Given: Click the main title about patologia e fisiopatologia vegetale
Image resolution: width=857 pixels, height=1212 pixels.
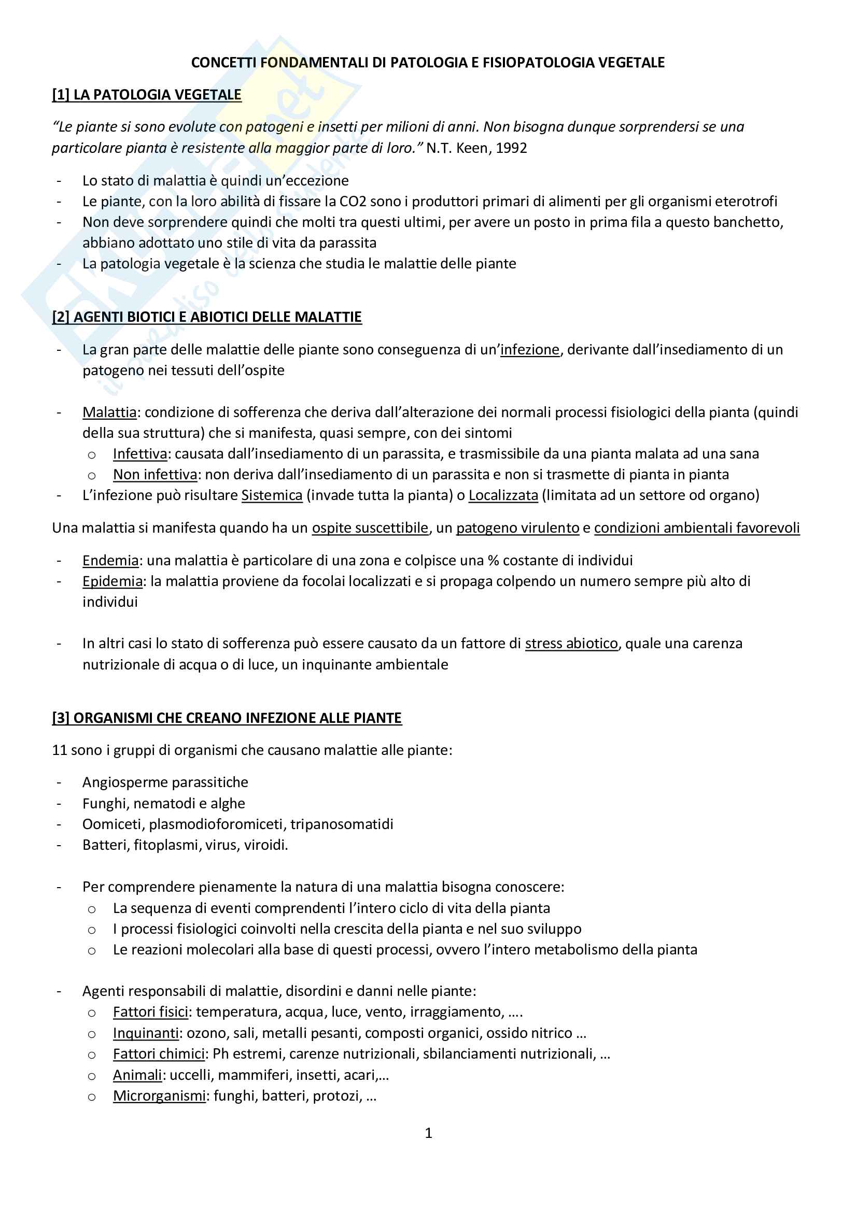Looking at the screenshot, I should click(x=428, y=63).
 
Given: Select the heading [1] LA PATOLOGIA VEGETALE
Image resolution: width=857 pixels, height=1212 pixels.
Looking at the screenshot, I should click(x=147, y=95).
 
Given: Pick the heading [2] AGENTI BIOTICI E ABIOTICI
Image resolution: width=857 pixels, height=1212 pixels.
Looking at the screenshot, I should click(x=207, y=317).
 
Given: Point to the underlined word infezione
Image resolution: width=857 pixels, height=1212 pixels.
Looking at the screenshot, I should click(x=530, y=350).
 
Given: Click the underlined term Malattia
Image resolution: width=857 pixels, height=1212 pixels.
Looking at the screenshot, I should click(x=109, y=412).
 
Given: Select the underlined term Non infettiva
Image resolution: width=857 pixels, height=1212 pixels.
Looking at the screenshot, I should click(x=154, y=475).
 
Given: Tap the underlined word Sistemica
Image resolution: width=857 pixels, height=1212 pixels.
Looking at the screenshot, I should click(x=272, y=496).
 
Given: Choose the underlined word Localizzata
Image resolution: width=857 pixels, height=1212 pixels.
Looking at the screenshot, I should click(x=503, y=496).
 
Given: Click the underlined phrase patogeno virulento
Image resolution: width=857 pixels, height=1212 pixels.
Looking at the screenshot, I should click(x=517, y=528).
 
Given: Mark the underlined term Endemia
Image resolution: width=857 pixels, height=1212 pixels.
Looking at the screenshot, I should click(x=110, y=561).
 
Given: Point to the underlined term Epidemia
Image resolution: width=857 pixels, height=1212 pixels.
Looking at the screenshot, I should click(x=113, y=581).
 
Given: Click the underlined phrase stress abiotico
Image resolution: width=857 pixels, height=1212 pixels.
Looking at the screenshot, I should click(x=571, y=644).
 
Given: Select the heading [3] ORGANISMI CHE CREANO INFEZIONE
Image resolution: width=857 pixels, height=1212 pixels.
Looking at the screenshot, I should click(x=227, y=718).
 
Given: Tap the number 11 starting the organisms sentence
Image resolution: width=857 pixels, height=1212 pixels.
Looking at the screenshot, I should click(x=59, y=750).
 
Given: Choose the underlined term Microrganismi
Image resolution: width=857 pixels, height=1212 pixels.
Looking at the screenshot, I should click(x=159, y=1096).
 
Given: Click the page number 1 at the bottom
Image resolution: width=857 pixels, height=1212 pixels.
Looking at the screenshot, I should click(x=428, y=1133).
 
